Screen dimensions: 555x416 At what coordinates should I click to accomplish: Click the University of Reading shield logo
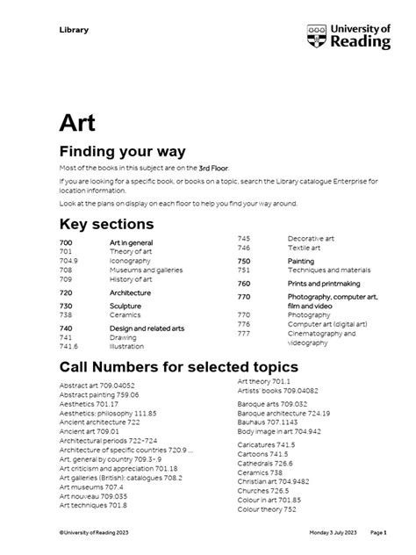[318, 37]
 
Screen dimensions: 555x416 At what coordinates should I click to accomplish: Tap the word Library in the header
[74, 30]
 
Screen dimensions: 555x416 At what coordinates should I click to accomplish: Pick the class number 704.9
[68, 260]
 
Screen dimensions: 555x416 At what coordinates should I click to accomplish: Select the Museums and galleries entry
[146, 270]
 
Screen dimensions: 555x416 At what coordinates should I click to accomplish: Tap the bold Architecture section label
[130, 292]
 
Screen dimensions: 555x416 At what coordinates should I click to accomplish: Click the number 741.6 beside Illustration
[68, 347]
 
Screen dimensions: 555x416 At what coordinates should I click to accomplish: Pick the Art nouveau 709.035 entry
[95, 496]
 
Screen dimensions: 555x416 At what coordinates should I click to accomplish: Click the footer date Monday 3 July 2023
[332, 533]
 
